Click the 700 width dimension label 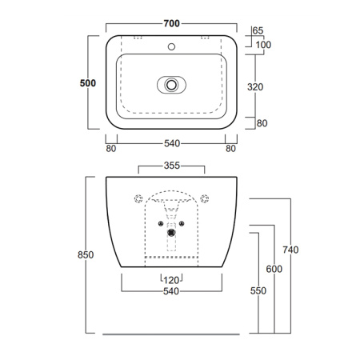pos(171,24)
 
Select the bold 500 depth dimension pos(88,83)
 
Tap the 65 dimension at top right pos(258,30)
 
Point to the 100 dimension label pos(263,45)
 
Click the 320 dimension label pos(255,87)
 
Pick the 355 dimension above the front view pos(172,166)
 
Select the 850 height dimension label pos(86,255)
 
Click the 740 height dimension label pos(290,250)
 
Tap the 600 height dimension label pos(274,269)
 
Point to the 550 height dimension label pos(258,290)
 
